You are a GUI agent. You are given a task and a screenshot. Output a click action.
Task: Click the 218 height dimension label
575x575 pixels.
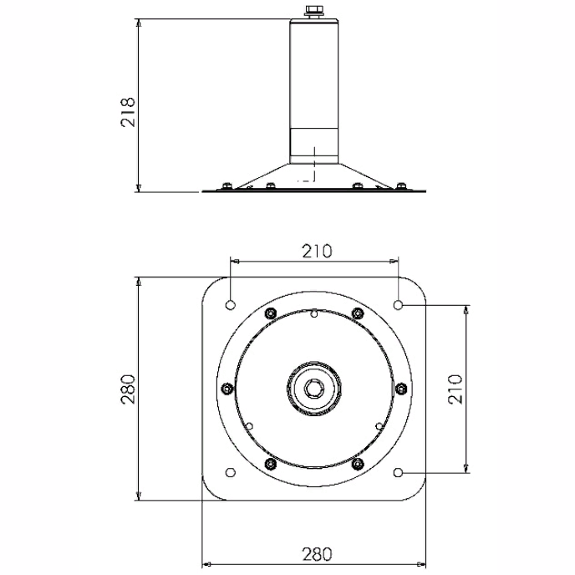128,113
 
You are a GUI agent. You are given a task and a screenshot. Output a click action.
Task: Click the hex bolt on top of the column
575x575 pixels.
314,11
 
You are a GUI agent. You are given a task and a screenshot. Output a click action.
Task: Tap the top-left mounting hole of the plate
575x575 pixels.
231,305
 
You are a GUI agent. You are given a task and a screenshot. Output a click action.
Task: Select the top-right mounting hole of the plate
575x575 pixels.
398,305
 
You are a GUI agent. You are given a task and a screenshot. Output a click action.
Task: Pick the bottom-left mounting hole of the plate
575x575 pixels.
231,473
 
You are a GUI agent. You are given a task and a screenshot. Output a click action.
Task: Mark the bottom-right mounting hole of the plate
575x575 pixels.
398,473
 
